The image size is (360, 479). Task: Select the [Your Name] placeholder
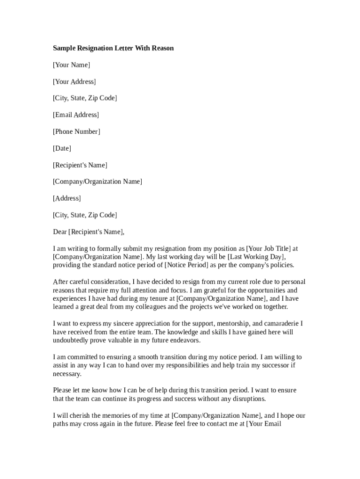[x=72, y=65]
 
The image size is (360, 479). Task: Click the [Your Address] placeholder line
[x=74, y=82]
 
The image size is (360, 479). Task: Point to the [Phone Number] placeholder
[x=76, y=132]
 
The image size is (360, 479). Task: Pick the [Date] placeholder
[x=62, y=149]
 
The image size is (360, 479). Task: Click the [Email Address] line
[x=76, y=115]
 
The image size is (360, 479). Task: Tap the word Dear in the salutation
[x=60, y=232]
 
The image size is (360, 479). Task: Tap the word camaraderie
[x=279, y=324]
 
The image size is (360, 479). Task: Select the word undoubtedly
[x=72, y=341]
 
